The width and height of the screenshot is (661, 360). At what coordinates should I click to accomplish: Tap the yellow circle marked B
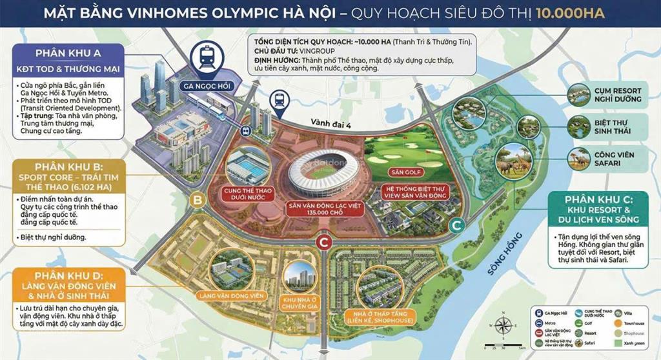[197, 201]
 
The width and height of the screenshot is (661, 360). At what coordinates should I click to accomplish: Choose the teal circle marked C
[457, 225]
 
